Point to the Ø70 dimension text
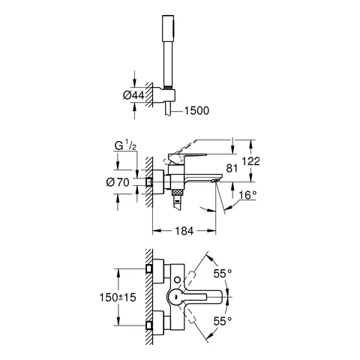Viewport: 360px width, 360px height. (124, 182)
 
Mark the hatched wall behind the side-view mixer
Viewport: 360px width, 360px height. (151, 184)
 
